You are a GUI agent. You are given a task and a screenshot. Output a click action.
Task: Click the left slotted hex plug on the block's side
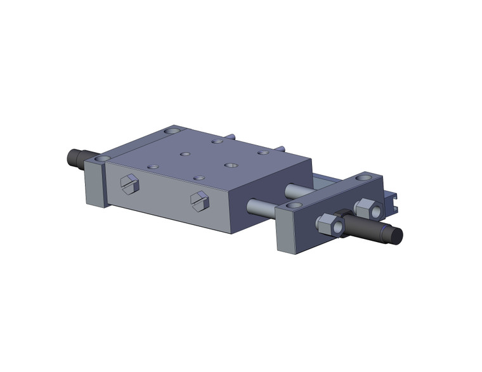[129, 184]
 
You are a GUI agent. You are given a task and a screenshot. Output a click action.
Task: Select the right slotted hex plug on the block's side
[199, 200]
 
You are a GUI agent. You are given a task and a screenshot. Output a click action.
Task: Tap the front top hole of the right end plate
[293, 206]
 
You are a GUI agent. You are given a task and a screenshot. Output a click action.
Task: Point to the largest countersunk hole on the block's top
[230, 165]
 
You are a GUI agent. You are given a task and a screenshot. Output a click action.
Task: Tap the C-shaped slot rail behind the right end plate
[393, 201]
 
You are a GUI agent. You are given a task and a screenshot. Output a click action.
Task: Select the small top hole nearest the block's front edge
[199, 179]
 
